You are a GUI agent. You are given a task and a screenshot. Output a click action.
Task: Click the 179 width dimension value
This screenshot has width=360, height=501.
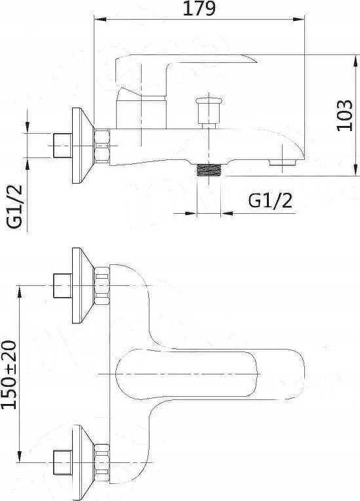(x=199, y=9)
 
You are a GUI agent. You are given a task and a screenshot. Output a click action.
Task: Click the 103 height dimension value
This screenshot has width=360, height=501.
(x=345, y=115)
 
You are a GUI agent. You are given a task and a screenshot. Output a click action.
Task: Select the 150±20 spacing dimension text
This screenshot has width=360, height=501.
(x=9, y=375)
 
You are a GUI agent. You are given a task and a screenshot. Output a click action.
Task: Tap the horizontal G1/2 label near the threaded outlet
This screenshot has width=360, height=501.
(x=270, y=201)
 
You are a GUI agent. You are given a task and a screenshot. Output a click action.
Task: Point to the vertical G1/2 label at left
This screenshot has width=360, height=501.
(x=15, y=207)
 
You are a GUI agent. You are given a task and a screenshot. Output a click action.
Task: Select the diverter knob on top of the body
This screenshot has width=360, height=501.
(x=209, y=112)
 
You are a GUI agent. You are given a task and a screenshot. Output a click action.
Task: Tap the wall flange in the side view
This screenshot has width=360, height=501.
(x=83, y=146)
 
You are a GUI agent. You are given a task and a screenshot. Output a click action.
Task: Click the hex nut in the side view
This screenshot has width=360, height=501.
(x=102, y=146)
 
